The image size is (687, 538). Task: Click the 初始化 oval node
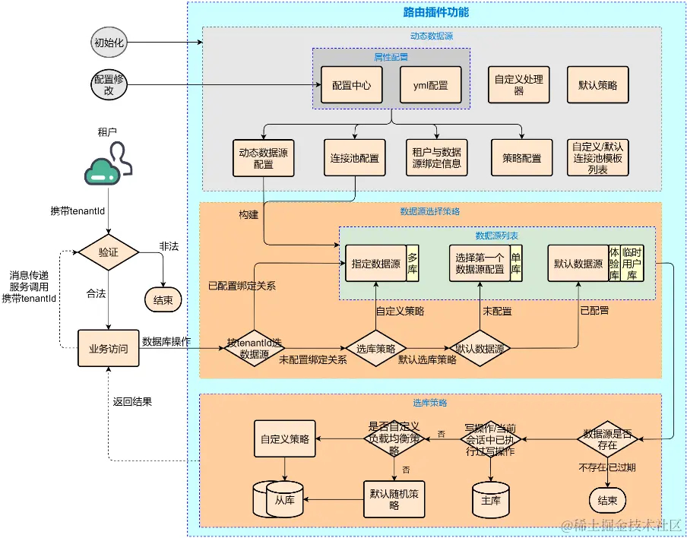coord(109,43)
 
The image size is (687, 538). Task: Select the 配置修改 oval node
coord(109,84)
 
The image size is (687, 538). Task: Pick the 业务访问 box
coord(109,349)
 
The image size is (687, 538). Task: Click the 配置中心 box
coord(351,86)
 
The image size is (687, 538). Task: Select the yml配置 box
coord(430,86)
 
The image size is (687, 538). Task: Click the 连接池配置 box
coord(354,158)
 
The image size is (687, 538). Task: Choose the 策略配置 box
coord(521,158)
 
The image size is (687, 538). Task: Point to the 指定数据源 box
coord(375,264)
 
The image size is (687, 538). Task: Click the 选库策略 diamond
coord(375,349)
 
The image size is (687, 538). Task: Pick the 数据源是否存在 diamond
coord(606,439)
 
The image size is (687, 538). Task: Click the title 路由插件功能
coord(435,12)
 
